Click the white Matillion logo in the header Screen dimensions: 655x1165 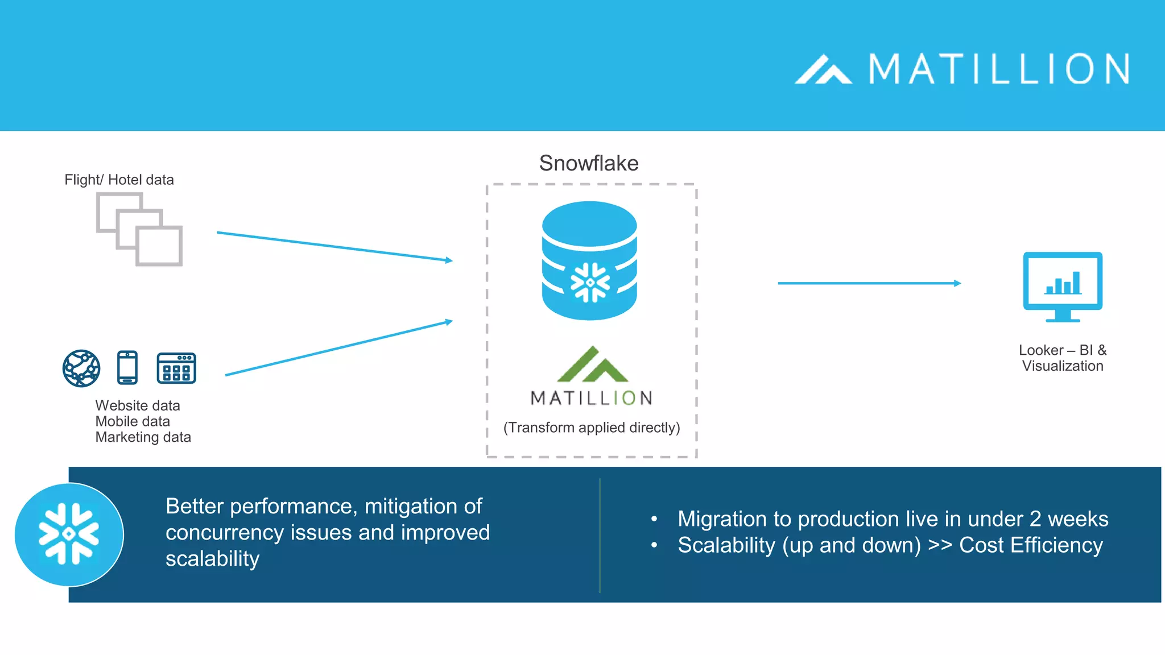[961, 69]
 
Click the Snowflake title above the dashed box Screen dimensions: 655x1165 [589, 163]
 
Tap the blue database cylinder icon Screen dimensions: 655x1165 [589, 260]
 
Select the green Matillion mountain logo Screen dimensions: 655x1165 [592, 365]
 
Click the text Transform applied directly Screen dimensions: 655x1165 [592, 428]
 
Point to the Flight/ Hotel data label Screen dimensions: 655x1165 [119, 180]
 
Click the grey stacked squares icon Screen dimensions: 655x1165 [139, 229]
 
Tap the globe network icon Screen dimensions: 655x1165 [81, 368]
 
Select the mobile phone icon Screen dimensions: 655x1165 [127, 368]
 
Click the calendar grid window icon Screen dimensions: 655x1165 [176, 368]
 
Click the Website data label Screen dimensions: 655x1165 [138, 405]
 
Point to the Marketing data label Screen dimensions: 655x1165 [143, 437]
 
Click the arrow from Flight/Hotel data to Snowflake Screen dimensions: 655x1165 [334, 246]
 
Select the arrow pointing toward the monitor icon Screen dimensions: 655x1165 [869, 283]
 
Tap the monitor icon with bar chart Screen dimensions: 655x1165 [1063, 286]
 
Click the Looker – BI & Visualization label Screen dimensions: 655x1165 [1063, 358]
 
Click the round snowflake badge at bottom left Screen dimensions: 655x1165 [69, 534]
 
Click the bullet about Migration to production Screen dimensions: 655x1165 [893, 519]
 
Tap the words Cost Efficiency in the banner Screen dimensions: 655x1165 [1031, 545]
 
